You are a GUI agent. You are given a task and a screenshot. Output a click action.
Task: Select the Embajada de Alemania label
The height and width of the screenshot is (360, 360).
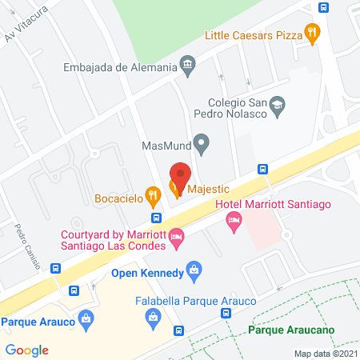click(x=119, y=67)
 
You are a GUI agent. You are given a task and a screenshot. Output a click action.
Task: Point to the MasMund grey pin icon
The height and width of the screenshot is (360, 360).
click(x=202, y=146)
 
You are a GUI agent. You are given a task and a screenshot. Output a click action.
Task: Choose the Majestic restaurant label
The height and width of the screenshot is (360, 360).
click(x=208, y=190)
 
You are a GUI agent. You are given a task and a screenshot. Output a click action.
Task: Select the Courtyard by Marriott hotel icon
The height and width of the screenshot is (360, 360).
click(x=177, y=235)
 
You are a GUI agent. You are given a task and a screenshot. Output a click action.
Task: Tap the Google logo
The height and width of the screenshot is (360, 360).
click(x=27, y=350)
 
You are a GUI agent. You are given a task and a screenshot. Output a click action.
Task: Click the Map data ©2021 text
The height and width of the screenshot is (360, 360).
click(x=325, y=353)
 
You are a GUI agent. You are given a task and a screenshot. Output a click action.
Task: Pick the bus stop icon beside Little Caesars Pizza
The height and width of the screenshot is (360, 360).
click(x=323, y=8)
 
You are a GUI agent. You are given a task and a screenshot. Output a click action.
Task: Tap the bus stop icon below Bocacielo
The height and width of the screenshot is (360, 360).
click(x=157, y=218)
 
